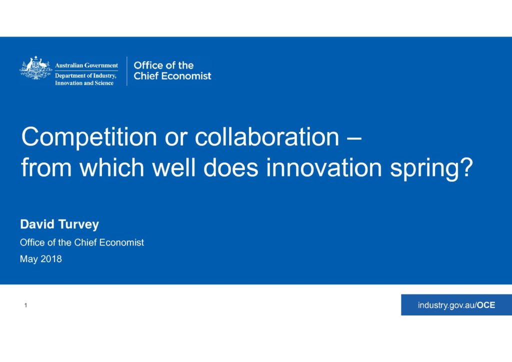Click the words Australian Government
[x=86, y=65]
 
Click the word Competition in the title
[x=89, y=137]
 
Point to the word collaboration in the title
[x=267, y=136]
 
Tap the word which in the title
[x=111, y=167]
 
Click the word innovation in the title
[x=324, y=167]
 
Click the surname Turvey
[x=78, y=225]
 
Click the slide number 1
[x=25, y=305]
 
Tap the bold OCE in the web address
[x=486, y=305]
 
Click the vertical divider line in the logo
[x=127, y=71]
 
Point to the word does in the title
[x=231, y=167]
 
